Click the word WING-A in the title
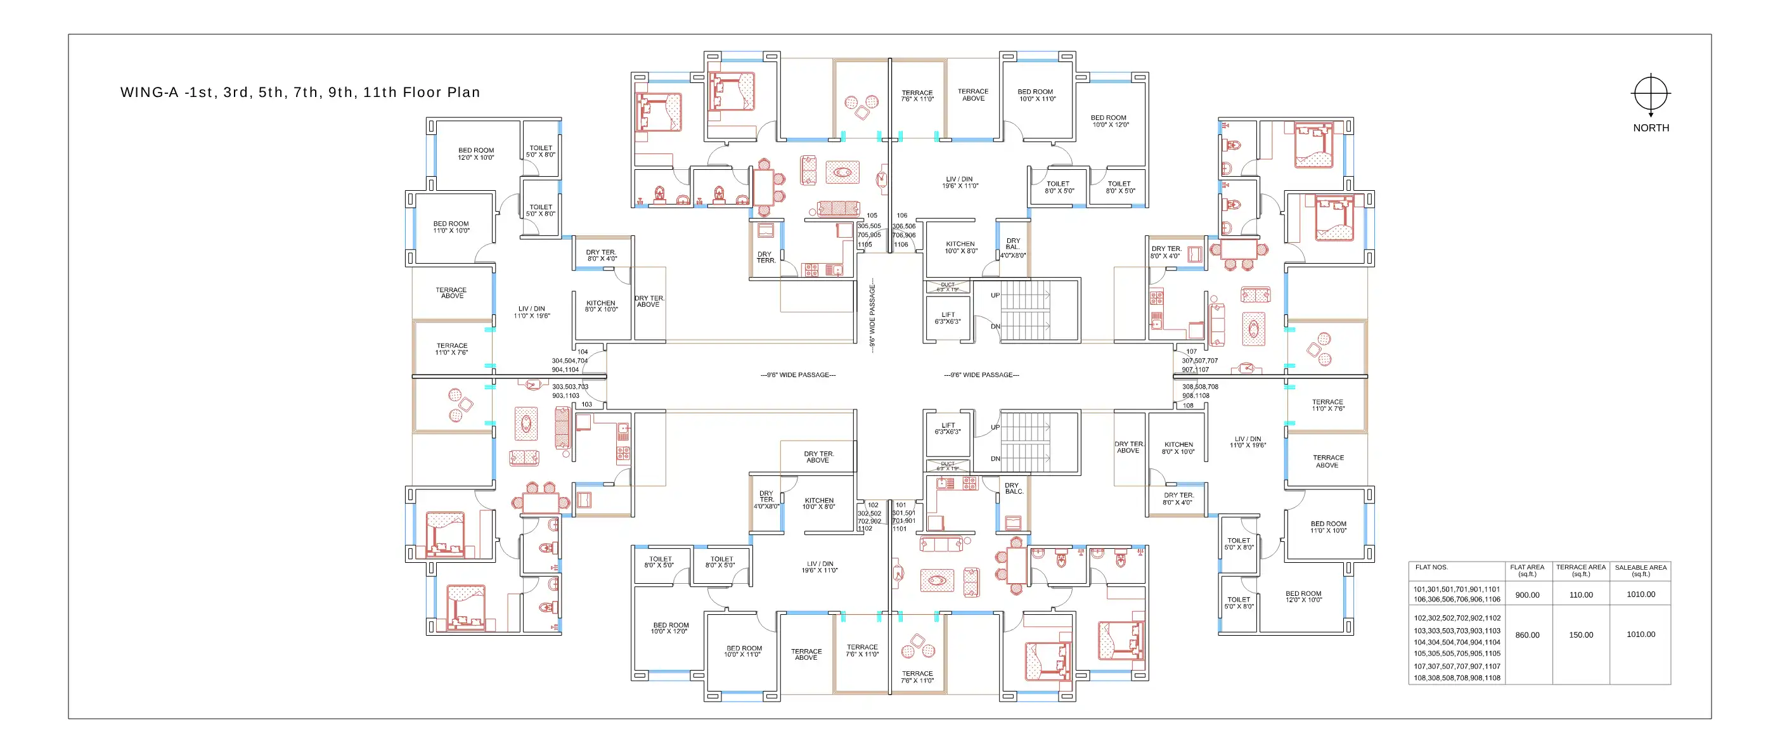coord(149,93)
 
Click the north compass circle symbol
coord(1651,93)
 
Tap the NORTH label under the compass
coord(1651,128)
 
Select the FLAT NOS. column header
coord(1431,567)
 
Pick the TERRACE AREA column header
coord(1580,570)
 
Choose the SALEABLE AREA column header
coord(1641,570)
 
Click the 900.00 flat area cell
coord(1527,595)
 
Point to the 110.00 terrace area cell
coord(1580,595)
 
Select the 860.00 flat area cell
coord(1527,635)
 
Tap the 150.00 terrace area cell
coord(1580,635)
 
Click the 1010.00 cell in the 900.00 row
coord(1641,594)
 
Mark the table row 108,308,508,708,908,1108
coord(1457,678)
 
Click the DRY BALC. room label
coord(1014,489)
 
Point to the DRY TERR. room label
coord(766,257)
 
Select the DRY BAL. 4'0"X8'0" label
coord(1013,248)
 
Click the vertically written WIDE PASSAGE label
coord(872,316)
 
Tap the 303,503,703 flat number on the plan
coord(570,387)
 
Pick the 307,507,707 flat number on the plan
coord(1199,361)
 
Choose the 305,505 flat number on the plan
coord(869,226)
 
